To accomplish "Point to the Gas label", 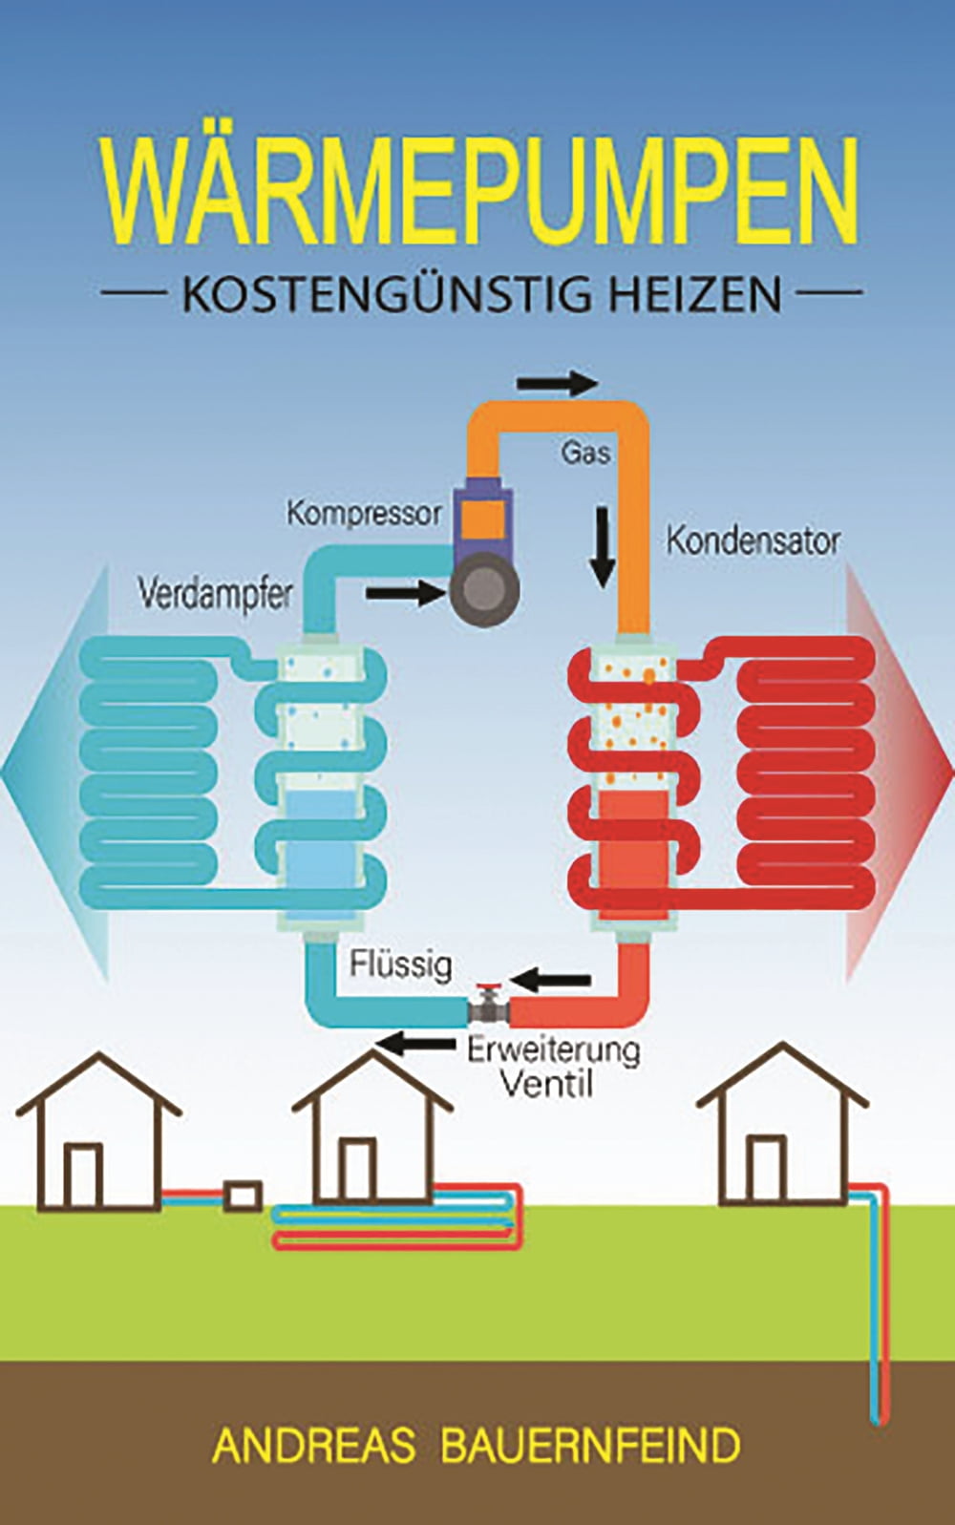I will pyautogui.click(x=584, y=452).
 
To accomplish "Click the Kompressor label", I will pyautogui.click(x=364, y=514).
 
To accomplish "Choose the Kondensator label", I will pyautogui.click(x=753, y=540).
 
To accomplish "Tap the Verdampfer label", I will pyautogui.click(x=215, y=594).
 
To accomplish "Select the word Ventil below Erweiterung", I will pyautogui.click(x=547, y=1084).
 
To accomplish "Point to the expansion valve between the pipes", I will pyautogui.click(x=488, y=1006).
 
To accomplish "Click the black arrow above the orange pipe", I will pyautogui.click(x=558, y=384).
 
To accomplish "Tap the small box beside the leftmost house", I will pyautogui.click(x=243, y=1196).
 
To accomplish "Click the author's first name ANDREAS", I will pyautogui.click(x=313, y=1446).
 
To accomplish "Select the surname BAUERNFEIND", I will pyautogui.click(x=590, y=1446).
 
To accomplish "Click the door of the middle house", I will pyautogui.click(x=357, y=1169).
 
